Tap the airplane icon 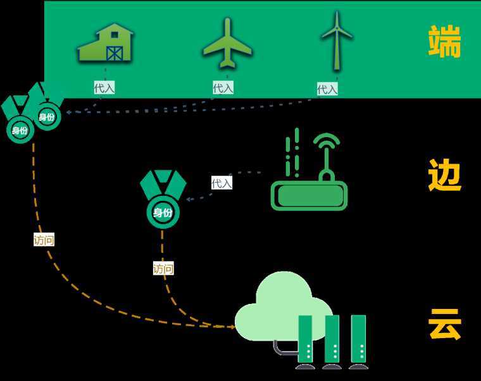[227, 43]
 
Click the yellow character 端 [444, 42]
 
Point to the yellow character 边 [444, 175]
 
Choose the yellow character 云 [444, 325]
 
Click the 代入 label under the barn [104, 88]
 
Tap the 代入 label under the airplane [223, 88]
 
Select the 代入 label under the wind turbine [327, 89]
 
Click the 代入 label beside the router [222, 183]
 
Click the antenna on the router [327, 155]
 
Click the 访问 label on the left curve [44, 240]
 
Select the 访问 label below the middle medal [163, 269]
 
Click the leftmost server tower [306, 341]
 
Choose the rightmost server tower [358, 341]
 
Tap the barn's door [115, 52]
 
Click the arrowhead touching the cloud [232, 327]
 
